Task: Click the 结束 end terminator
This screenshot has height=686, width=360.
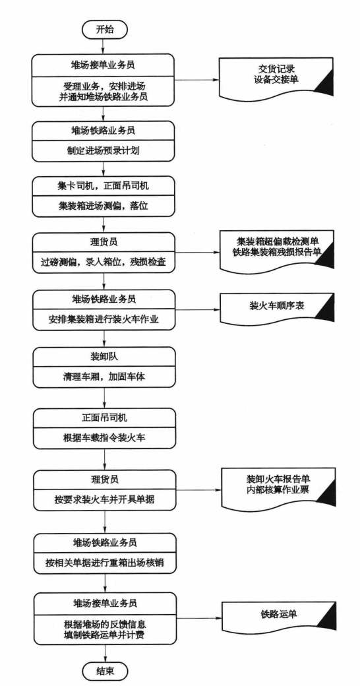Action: tap(105, 670)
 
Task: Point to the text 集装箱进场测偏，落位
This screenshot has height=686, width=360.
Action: tap(104, 206)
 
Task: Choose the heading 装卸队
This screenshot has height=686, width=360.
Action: tap(104, 356)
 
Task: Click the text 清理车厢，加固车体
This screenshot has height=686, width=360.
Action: tap(104, 375)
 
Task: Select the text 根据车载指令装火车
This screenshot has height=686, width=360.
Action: tap(105, 437)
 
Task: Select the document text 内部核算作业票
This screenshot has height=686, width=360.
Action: tap(278, 490)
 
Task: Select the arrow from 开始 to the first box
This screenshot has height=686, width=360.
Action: tap(104, 46)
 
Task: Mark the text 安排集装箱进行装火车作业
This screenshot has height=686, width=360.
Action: tap(104, 319)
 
